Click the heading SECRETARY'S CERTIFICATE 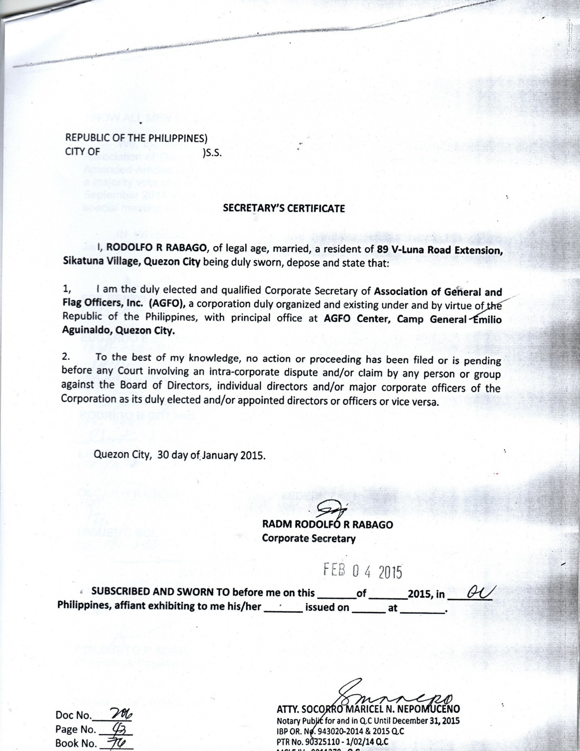(x=284, y=209)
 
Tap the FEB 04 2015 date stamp (x=363, y=571)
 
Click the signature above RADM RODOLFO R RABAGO (x=331, y=509)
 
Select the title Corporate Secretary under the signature (x=309, y=538)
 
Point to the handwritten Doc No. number (x=121, y=715)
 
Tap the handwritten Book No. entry (x=118, y=743)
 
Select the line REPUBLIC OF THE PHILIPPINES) (x=136, y=138)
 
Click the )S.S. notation (x=212, y=153)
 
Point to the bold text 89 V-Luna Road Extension (x=440, y=250)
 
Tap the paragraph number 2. (x=66, y=357)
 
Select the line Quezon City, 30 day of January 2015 (x=179, y=455)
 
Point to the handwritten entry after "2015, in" (x=479, y=593)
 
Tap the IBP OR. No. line (x=340, y=731)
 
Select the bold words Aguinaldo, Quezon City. (x=118, y=331)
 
